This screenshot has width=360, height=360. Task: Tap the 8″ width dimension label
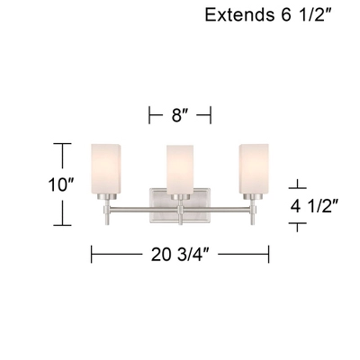tap(179, 114)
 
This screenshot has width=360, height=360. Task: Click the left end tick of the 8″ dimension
tap(149, 114)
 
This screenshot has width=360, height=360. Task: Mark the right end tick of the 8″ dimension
tap(211, 114)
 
